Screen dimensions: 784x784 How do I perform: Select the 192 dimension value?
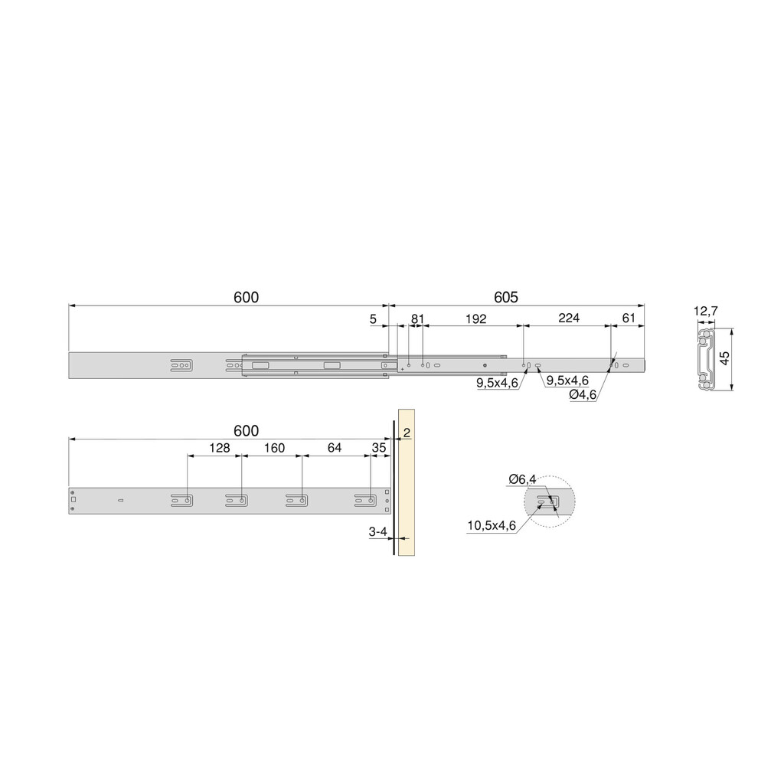pos(475,318)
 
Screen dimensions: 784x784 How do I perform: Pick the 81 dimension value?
pos(417,318)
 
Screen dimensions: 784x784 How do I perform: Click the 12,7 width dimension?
pos(705,312)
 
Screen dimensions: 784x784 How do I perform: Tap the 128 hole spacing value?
pos(220,449)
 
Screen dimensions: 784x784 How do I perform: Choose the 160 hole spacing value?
pos(274,449)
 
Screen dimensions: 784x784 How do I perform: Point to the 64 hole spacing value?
pos(335,449)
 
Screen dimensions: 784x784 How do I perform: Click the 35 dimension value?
pos(379,449)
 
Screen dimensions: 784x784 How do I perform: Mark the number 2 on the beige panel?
pos(407,433)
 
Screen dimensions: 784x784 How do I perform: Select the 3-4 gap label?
pos(378,531)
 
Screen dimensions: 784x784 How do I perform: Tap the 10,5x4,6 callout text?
pos(492,525)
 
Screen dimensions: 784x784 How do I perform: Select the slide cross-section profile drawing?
pos(706,359)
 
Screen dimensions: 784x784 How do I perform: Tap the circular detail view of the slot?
pos(549,502)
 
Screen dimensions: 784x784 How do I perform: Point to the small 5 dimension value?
pos(373,318)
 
